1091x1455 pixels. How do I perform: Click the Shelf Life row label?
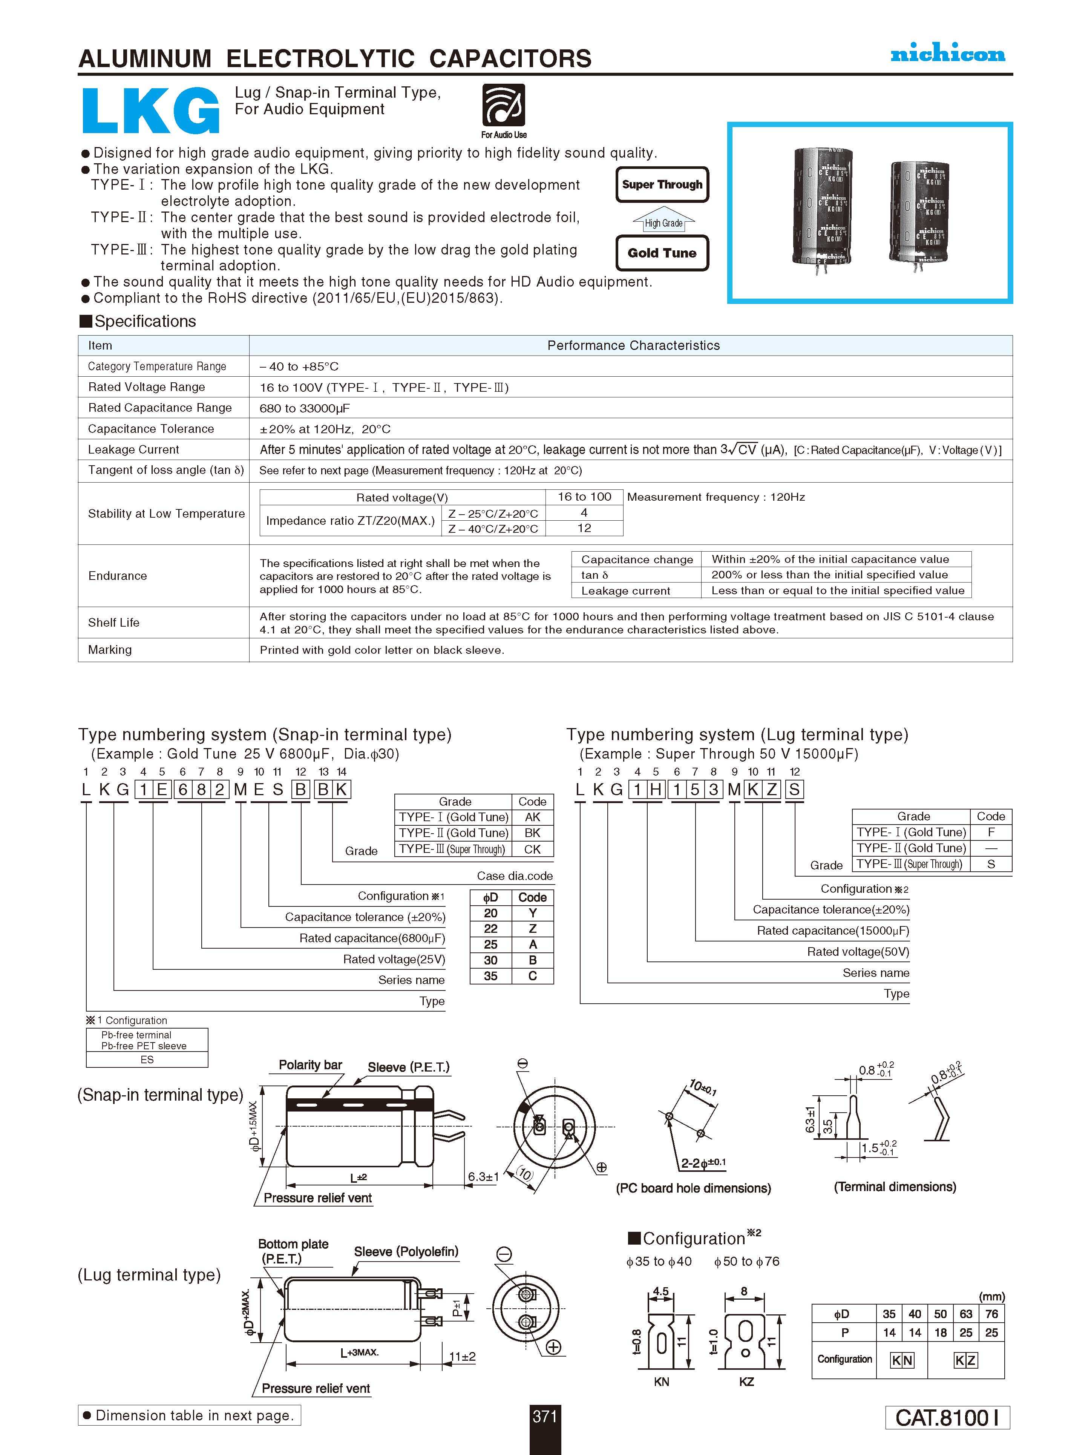[114, 622]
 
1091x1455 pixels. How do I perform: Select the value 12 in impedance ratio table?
[584, 528]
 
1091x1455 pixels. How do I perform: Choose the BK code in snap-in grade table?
[532, 833]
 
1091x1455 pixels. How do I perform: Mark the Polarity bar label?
[310, 1065]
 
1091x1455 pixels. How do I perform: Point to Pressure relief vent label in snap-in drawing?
[318, 1198]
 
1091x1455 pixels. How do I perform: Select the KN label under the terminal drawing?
[662, 1382]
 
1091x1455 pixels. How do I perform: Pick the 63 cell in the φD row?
[965, 1314]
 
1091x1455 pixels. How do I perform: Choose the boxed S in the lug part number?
[794, 789]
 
